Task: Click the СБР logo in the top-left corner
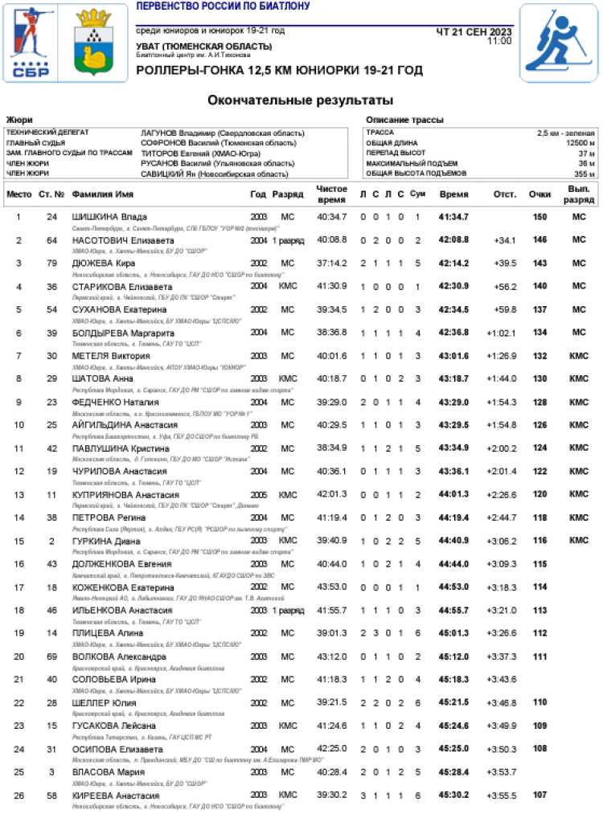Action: click(31, 43)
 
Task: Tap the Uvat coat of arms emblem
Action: click(95, 43)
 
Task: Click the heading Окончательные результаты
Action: click(301, 100)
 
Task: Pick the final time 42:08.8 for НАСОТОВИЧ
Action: click(454, 239)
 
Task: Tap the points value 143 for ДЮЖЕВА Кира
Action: click(540, 263)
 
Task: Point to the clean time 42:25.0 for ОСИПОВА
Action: click(331, 749)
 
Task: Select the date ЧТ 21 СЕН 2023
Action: click(474, 31)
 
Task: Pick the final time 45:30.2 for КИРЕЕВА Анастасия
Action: click(454, 796)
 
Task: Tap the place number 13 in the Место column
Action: click(18, 494)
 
